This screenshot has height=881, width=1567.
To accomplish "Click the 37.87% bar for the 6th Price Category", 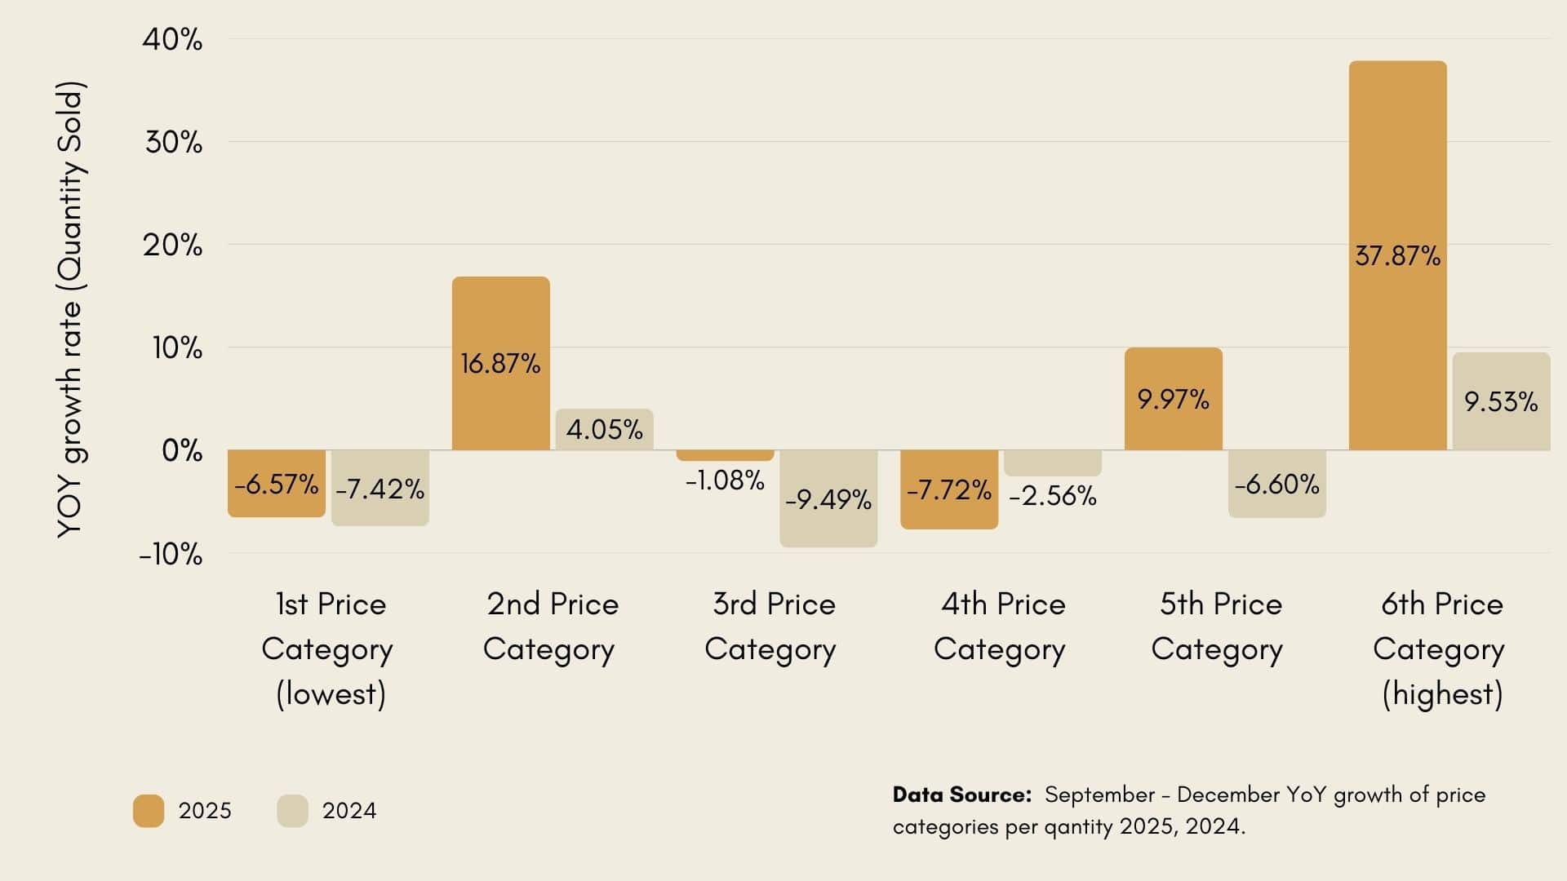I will [1397, 163].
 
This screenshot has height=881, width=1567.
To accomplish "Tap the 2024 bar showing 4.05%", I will [604, 429].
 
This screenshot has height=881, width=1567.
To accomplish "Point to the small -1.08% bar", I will [725, 455].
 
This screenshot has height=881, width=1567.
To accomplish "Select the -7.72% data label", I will [948, 489].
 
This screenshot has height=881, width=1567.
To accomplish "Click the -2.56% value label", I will [1053, 496].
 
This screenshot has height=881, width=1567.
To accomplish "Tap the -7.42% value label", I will [380, 489].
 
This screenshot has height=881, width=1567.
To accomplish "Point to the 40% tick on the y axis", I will [172, 39].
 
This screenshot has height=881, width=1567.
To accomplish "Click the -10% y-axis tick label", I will [171, 555].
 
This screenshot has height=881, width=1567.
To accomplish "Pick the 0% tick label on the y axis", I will [182, 450].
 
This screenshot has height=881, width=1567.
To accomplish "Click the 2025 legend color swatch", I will [149, 811].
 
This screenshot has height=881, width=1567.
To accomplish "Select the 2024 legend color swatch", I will [292, 811].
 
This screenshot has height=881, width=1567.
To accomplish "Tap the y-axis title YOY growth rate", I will [71, 310].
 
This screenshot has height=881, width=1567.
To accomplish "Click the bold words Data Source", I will [961, 795].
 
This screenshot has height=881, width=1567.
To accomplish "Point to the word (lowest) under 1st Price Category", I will [331, 694].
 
